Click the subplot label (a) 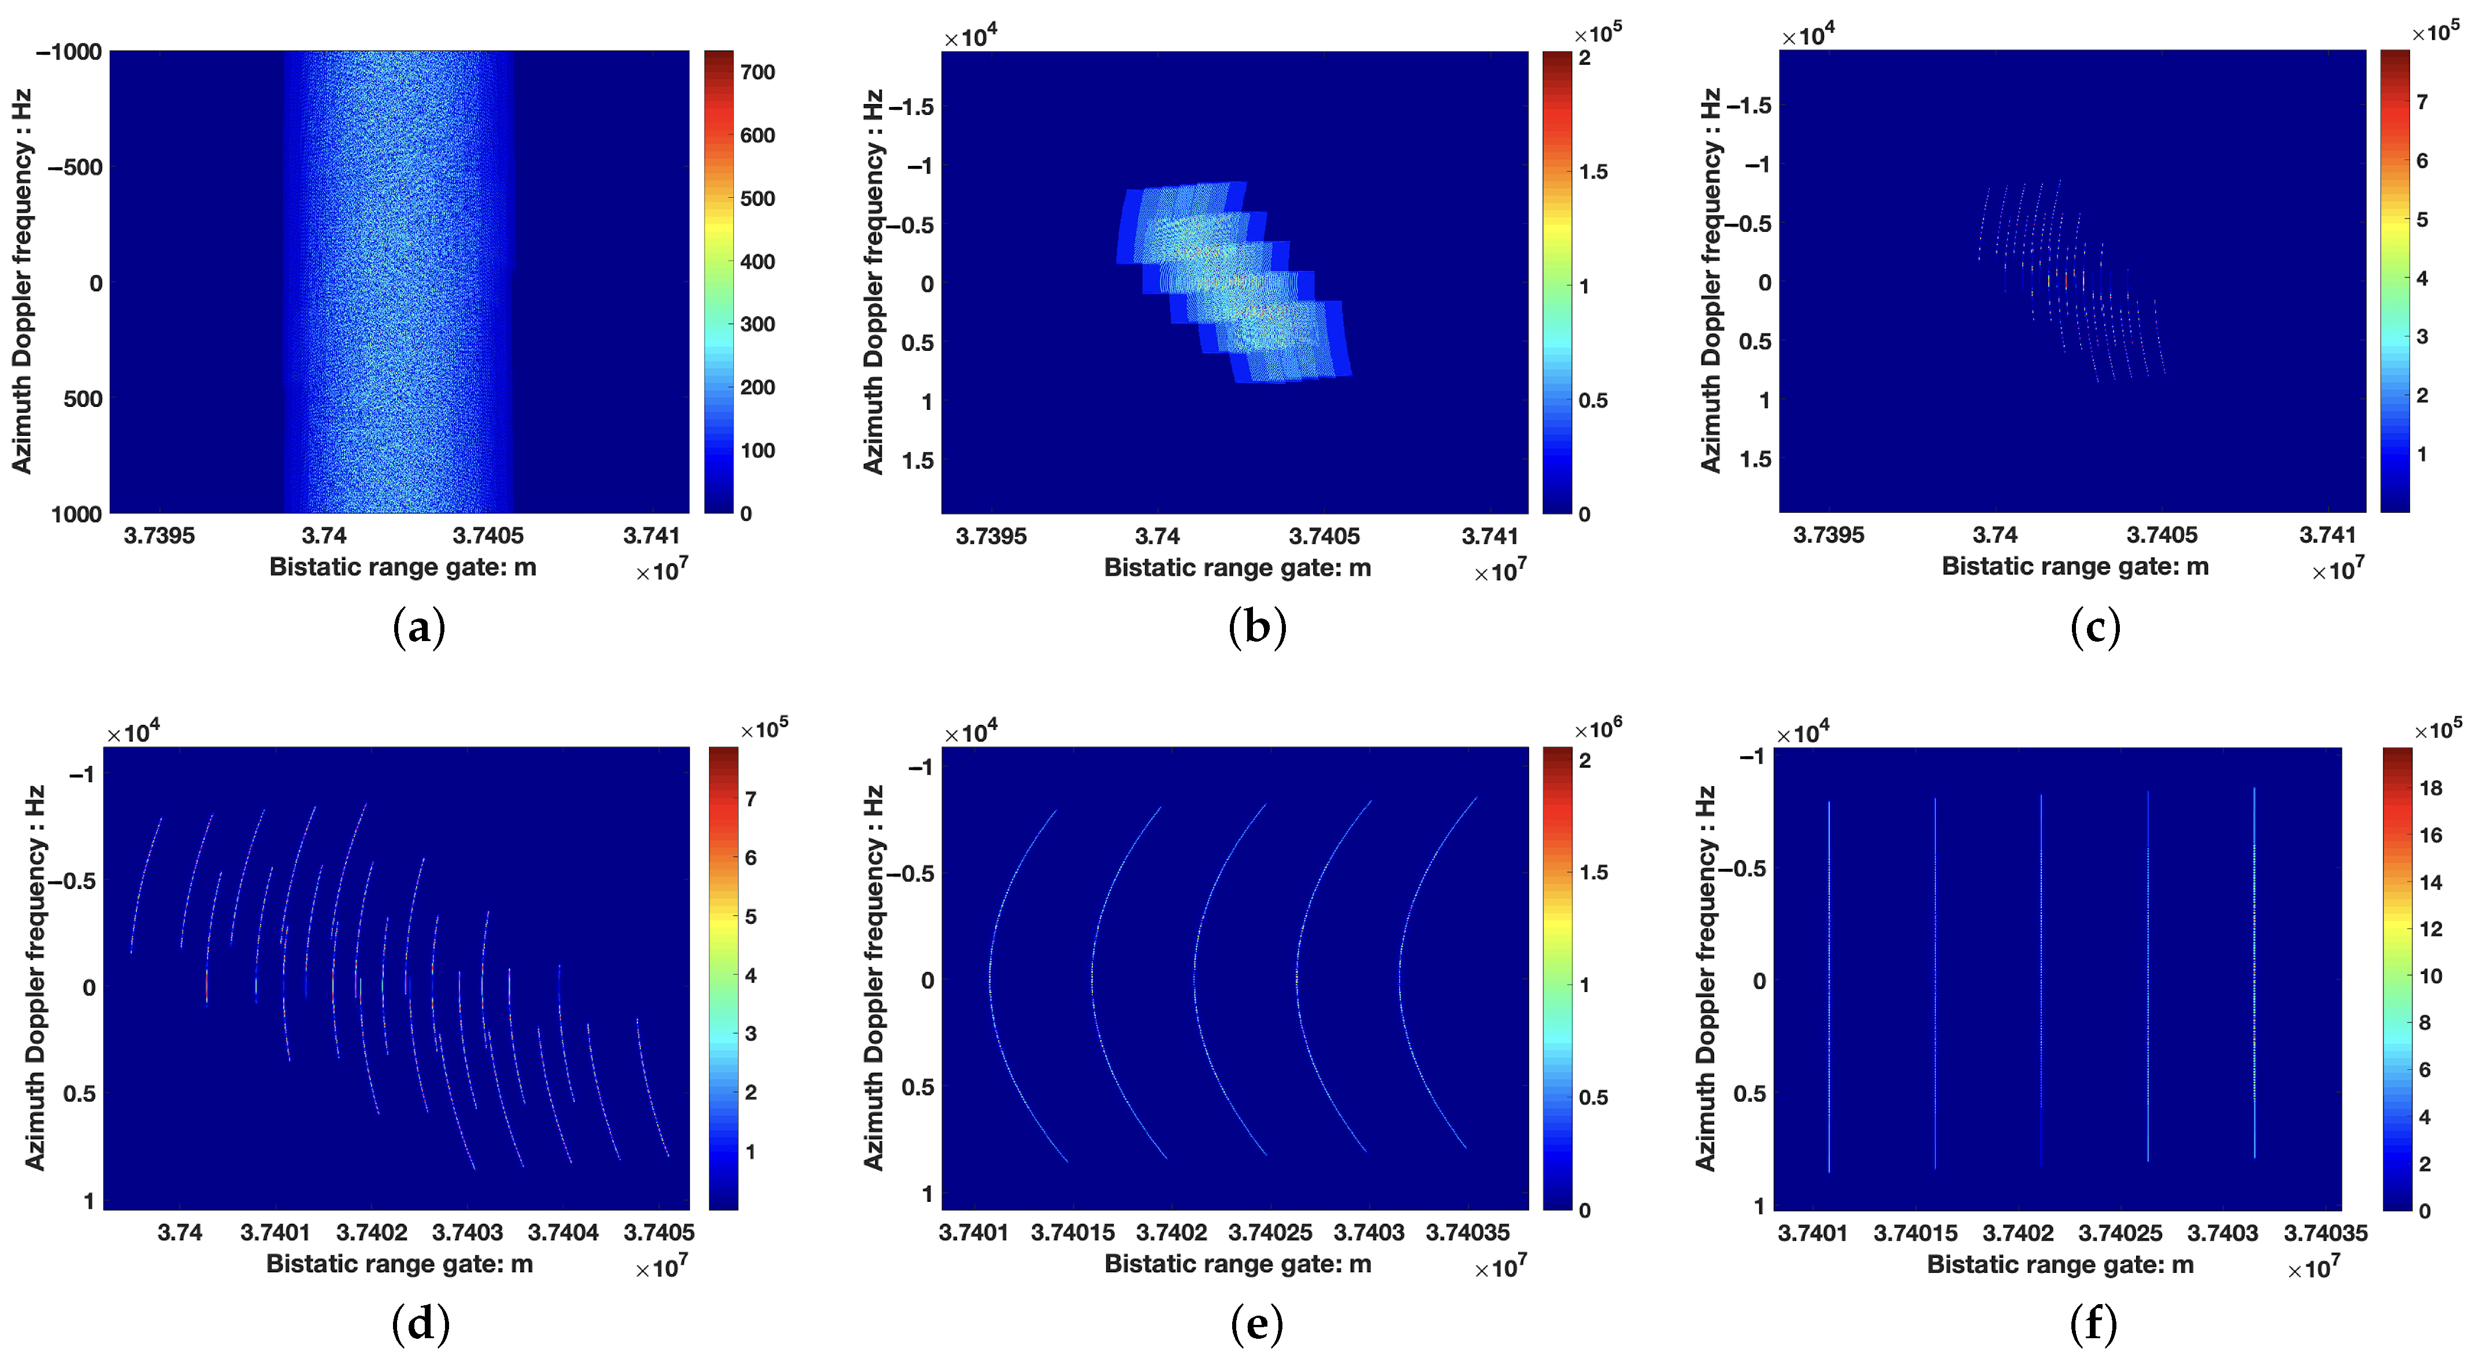[x=420, y=629]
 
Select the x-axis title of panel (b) [x=1237, y=568]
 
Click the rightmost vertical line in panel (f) [x=2254, y=975]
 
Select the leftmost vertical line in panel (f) [x=1829, y=984]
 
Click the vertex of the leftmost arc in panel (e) [x=990, y=980]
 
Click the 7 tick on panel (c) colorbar [x=2421, y=102]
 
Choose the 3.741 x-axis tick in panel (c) [x=2327, y=535]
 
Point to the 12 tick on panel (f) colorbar [x=2430, y=929]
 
